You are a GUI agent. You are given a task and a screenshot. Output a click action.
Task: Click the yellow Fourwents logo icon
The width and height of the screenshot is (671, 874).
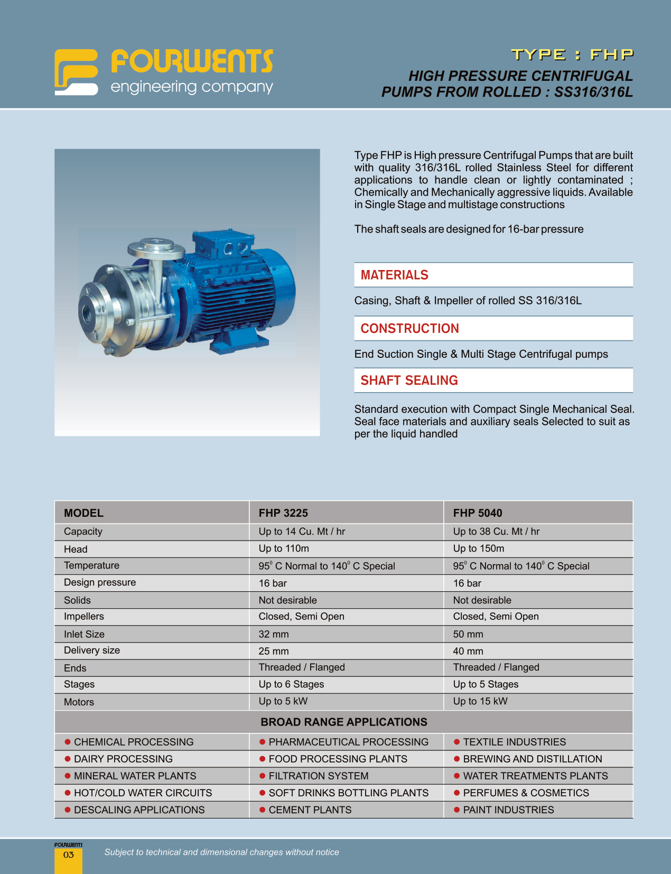(x=76, y=72)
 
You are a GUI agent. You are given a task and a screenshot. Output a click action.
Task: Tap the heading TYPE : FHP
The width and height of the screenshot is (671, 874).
(x=572, y=54)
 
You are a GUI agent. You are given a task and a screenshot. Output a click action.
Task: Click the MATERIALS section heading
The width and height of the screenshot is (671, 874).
(x=394, y=275)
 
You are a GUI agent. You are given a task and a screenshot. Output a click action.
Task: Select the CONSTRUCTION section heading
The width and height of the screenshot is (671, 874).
(x=409, y=328)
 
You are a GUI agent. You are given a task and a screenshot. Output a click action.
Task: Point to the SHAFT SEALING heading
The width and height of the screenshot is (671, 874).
(x=409, y=380)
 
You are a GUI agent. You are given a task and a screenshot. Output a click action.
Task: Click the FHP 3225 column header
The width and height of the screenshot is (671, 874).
(x=283, y=513)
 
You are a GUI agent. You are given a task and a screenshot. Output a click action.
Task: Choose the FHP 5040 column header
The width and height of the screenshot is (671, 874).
(x=478, y=513)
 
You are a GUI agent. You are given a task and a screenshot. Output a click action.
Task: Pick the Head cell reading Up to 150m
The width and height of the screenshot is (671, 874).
(x=479, y=548)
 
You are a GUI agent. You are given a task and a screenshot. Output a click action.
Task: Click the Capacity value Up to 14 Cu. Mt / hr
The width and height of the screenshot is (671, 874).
(x=302, y=532)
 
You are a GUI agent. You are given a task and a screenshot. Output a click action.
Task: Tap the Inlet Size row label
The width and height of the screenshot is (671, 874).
(x=84, y=634)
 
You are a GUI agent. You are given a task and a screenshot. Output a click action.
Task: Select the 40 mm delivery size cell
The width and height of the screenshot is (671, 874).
(x=468, y=651)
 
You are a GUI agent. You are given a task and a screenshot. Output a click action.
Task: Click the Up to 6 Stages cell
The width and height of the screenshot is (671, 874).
(x=291, y=684)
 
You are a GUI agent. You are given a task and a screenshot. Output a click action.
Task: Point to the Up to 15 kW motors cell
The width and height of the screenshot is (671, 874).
(x=480, y=701)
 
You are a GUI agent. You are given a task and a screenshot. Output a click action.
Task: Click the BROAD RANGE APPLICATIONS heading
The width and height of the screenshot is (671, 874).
(x=344, y=722)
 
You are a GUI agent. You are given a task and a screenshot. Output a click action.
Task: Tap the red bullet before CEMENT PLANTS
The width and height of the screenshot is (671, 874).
(x=262, y=810)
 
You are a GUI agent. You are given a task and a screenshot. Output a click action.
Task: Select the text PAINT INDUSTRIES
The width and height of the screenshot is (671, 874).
(x=508, y=810)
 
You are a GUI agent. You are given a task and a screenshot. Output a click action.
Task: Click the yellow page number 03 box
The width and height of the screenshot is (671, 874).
(x=69, y=859)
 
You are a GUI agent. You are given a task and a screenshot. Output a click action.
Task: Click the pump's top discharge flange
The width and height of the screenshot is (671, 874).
(x=156, y=247)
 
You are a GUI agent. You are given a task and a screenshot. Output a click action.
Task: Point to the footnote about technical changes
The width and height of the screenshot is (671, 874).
(x=221, y=852)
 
